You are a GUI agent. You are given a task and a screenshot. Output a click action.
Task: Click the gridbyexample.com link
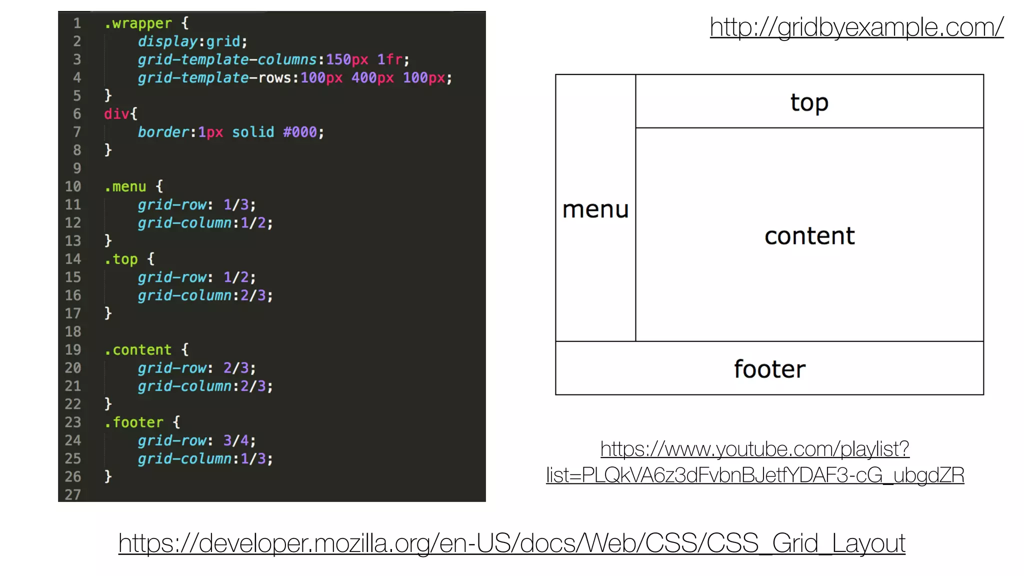[856, 27]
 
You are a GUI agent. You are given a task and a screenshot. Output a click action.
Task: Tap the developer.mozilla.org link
[511, 543]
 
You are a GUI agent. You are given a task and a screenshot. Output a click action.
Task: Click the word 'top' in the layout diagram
[809, 103]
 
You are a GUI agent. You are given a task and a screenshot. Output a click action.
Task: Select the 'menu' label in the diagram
[595, 209]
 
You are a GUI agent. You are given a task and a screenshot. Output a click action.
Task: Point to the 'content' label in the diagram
[809, 236]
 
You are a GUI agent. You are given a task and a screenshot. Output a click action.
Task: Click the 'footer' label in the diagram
[769, 369]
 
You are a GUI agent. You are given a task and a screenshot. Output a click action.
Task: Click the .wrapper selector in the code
[138, 23]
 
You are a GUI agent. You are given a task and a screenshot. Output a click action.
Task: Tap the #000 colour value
[299, 132]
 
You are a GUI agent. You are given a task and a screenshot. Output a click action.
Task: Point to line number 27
[73, 494]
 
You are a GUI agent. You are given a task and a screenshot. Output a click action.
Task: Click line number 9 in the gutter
[77, 168]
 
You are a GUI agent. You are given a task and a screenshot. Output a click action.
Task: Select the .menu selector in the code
[125, 187]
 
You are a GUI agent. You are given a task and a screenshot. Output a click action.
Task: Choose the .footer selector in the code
[134, 422]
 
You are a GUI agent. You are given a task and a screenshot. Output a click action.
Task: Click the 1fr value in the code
[389, 60]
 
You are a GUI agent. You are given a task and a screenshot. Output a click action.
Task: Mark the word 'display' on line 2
[167, 41]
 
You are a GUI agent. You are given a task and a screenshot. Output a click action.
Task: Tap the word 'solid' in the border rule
[253, 132]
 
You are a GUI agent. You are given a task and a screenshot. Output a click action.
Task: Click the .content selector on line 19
[138, 350]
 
